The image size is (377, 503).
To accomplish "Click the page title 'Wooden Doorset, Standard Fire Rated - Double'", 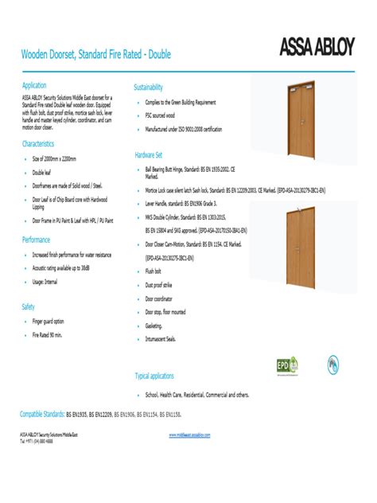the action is click(x=95, y=55).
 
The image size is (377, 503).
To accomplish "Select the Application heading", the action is click(x=34, y=85).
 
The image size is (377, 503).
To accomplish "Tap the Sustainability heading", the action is click(x=149, y=87).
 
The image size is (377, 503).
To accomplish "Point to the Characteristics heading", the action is click(x=38, y=144).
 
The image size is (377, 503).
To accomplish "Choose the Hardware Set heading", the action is click(x=149, y=154).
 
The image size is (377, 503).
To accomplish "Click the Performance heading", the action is click(x=36, y=240).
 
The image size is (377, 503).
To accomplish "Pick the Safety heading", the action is click(x=29, y=306).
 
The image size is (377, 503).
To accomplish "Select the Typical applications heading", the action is click(x=154, y=376).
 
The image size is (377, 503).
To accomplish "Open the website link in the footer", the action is click(x=189, y=435).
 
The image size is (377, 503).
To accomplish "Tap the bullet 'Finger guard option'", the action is click(x=48, y=322).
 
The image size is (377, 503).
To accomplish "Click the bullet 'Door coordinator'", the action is click(x=159, y=298).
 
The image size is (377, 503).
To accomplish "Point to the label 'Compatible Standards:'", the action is click(x=42, y=415).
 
